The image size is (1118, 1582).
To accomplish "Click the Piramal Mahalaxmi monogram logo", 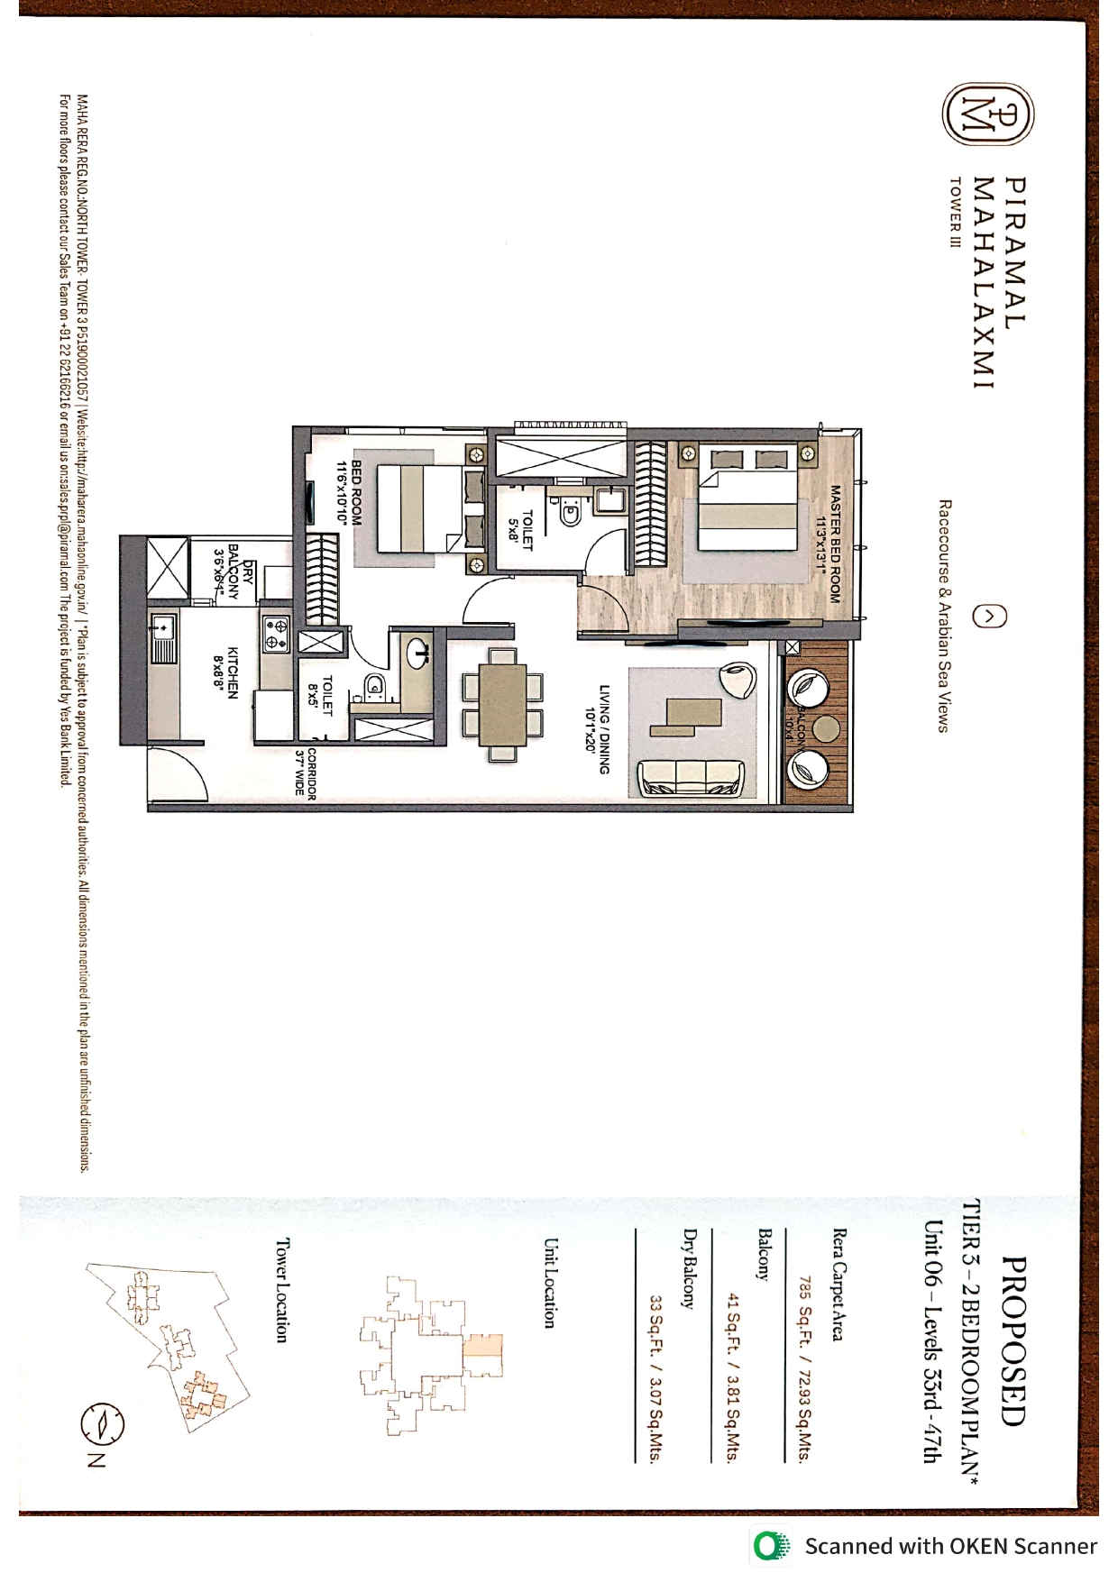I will [989, 115].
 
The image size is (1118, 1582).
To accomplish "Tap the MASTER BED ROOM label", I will [829, 544].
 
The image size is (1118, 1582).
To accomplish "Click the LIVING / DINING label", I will [598, 729].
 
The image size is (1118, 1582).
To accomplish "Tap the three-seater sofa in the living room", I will [692, 778].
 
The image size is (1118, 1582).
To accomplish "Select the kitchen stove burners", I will [276, 634].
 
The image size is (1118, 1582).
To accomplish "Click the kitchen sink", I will [164, 636].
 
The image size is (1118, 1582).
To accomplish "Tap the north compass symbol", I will [102, 1424].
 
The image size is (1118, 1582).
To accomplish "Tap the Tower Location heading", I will [281, 1290].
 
